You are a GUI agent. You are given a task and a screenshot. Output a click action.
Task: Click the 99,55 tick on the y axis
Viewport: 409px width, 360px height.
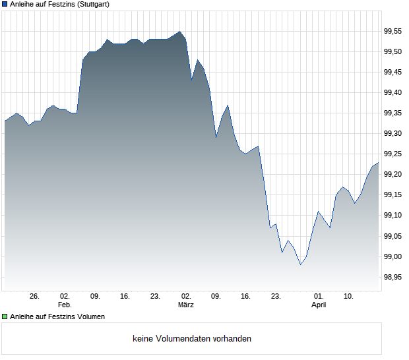[x=394, y=31]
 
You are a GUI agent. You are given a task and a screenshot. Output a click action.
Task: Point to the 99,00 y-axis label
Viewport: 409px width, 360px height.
[x=394, y=256]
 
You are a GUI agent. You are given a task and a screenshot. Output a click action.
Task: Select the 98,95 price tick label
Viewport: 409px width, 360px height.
[x=394, y=278]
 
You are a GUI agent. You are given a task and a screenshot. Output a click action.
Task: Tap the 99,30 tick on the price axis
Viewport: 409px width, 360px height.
[x=394, y=134]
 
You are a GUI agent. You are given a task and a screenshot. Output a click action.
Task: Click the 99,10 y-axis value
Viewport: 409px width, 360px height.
[x=394, y=216]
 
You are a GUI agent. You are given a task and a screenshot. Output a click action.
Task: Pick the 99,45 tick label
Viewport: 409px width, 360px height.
[x=394, y=72]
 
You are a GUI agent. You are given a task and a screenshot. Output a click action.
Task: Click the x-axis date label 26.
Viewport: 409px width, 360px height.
[x=35, y=297]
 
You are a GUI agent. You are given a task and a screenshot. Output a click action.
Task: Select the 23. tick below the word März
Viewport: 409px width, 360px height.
[x=276, y=297]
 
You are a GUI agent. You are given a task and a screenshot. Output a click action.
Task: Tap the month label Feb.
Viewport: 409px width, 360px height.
[x=65, y=305]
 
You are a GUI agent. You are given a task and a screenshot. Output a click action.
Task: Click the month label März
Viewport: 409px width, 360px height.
[x=186, y=305]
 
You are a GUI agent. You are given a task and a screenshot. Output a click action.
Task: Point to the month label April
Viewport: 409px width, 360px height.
[x=319, y=305]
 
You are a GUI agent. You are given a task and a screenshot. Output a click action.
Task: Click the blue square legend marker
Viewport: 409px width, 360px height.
[x=5, y=5]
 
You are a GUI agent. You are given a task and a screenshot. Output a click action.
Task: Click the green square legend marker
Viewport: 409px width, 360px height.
[x=5, y=317]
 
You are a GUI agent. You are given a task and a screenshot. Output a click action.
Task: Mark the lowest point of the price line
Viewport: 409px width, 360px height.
[x=301, y=264]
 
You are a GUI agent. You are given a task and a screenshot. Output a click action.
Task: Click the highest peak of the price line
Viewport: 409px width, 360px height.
[x=180, y=31]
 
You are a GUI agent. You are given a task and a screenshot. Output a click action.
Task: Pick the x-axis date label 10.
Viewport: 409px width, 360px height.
[x=349, y=297]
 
